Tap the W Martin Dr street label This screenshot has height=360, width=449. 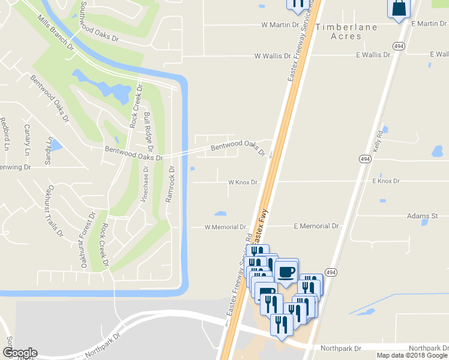point(280,25)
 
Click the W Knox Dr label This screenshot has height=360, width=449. point(243,182)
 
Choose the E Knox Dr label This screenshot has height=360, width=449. point(385,181)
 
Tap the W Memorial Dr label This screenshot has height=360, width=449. point(225,227)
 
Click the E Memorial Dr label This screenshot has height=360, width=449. point(316,226)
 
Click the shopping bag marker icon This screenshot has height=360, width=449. point(399,8)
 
